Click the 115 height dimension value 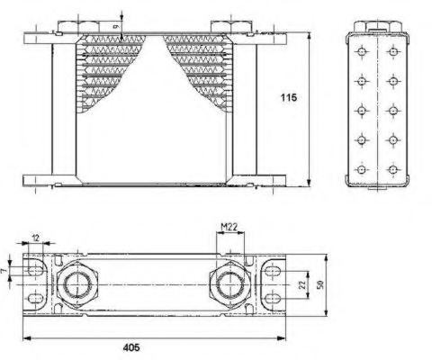[x=288, y=96]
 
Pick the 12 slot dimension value [x=36, y=238]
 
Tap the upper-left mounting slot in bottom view [x=36, y=270]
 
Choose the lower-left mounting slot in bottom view [x=36, y=299]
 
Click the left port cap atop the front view [x=73, y=22]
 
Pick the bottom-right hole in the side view [x=392, y=168]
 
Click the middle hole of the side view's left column [x=362, y=111]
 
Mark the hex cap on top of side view [x=377, y=22]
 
